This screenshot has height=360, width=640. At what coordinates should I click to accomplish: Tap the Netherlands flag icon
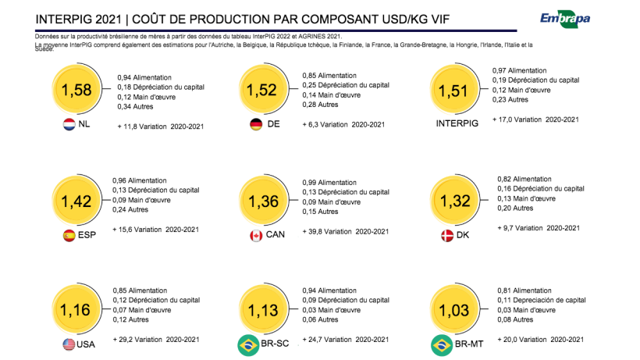pyautogui.click(x=69, y=125)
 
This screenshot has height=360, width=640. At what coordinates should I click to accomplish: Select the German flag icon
pyautogui.click(x=255, y=125)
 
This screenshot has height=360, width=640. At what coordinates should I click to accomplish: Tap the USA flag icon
pyautogui.click(x=68, y=344)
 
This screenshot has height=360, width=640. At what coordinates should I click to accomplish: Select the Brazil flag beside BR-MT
pyautogui.click(x=443, y=344)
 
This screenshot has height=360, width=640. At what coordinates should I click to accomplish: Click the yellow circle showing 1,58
pyautogui.click(x=76, y=90)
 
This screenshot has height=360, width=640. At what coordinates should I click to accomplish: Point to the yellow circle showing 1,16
pyautogui.click(x=76, y=311)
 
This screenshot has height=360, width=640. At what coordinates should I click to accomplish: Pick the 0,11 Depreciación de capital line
pyautogui.click(x=541, y=300)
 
